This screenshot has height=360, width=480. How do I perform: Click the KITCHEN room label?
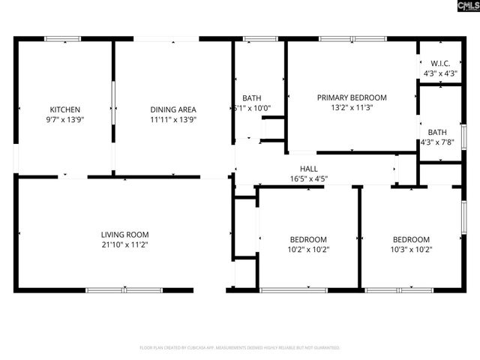(x=65, y=109)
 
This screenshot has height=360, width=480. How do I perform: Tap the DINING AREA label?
(x=173, y=109)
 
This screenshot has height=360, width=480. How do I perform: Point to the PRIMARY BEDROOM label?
(x=351, y=97)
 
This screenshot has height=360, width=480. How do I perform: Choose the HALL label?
(x=308, y=169)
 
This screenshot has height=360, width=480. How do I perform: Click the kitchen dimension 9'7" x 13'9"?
(x=65, y=119)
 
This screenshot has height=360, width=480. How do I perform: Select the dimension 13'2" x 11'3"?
(x=351, y=107)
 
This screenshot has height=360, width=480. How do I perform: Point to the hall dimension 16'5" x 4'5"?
(x=308, y=178)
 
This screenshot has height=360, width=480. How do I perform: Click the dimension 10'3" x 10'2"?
(x=411, y=250)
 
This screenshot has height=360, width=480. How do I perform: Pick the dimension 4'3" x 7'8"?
(x=436, y=142)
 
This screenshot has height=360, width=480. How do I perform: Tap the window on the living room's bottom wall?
(x=124, y=289)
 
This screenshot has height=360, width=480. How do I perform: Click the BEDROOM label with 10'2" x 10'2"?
(x=307, y=240)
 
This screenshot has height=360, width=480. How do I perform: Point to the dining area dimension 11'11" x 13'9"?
(x=173, y=119)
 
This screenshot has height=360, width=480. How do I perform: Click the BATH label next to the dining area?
(x=251, y=98)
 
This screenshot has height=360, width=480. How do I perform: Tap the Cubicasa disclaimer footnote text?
(x=240, y=348)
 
